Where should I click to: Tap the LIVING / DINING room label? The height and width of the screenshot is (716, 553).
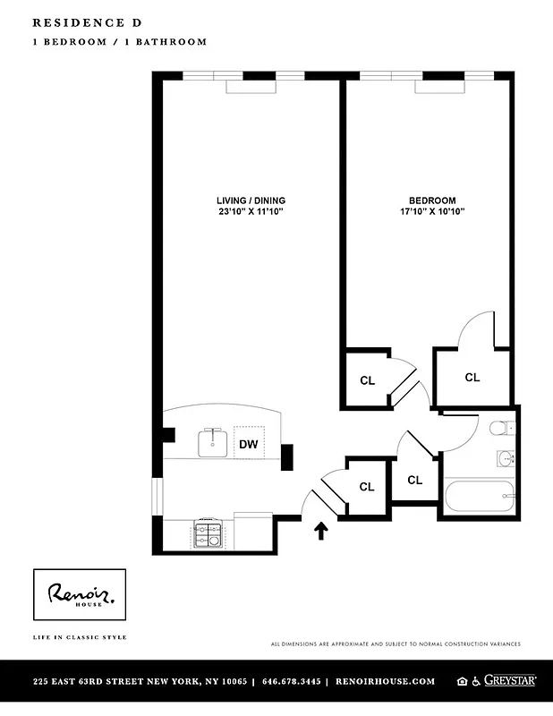tap(251, 200)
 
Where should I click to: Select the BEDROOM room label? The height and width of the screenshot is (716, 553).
tap(432, 200)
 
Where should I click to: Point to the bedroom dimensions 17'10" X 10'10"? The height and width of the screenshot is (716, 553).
tap(432, 212)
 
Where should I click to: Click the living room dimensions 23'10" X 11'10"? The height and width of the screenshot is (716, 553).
tap(251, 212)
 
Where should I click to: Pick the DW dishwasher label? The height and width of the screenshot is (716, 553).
tap(248, 443)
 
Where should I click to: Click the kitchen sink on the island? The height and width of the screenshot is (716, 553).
tap(213, 441)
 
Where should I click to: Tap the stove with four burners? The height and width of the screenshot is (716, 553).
tap(208, 535)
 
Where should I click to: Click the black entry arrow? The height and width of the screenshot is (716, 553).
tap(321, 532)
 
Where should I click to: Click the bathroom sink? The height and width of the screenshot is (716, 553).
tap(506, 459)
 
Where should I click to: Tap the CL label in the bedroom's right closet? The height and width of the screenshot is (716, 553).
tap(472, 378)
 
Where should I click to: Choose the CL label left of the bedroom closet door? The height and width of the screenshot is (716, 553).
tap(367, 380)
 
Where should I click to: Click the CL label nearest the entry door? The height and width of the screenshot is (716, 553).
tap(366, 487)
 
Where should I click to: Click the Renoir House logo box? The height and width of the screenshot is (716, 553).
tap(80, 594)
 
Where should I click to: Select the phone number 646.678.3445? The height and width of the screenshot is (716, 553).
tap(290, 681)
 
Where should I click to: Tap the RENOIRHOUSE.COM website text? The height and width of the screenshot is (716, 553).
tap(385, 681)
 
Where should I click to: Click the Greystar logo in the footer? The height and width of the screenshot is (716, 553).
tap(509, 681)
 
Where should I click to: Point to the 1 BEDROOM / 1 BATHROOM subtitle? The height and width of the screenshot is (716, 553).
tap(107, 42)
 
